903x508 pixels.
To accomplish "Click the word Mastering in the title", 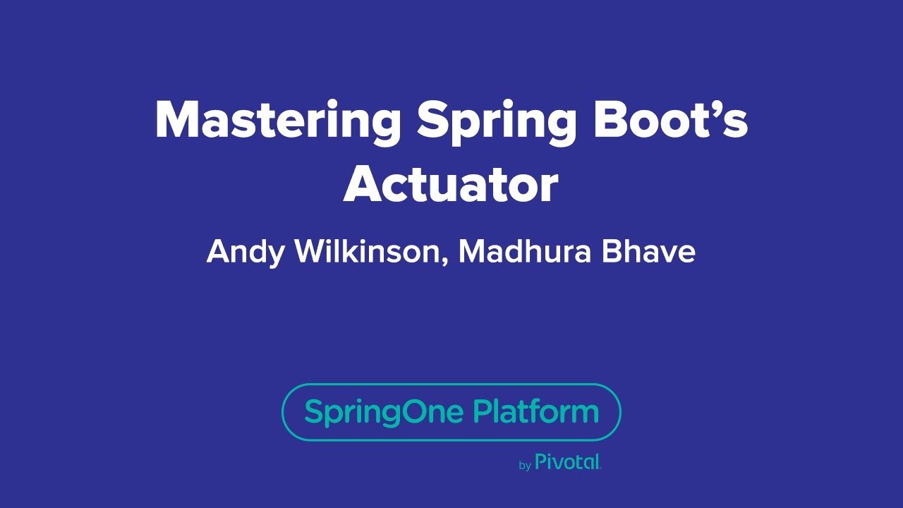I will (x=277, y=120).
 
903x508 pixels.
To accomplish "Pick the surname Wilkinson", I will (x=368, y=251).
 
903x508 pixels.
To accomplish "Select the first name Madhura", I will (x=525, y=251).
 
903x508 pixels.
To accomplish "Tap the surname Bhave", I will (x=648, y=251).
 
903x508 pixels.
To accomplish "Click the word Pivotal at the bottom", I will (x=568, y=462).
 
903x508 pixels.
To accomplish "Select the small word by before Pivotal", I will (x=525, y=466).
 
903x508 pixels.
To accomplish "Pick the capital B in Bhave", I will (x=611, y=251).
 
